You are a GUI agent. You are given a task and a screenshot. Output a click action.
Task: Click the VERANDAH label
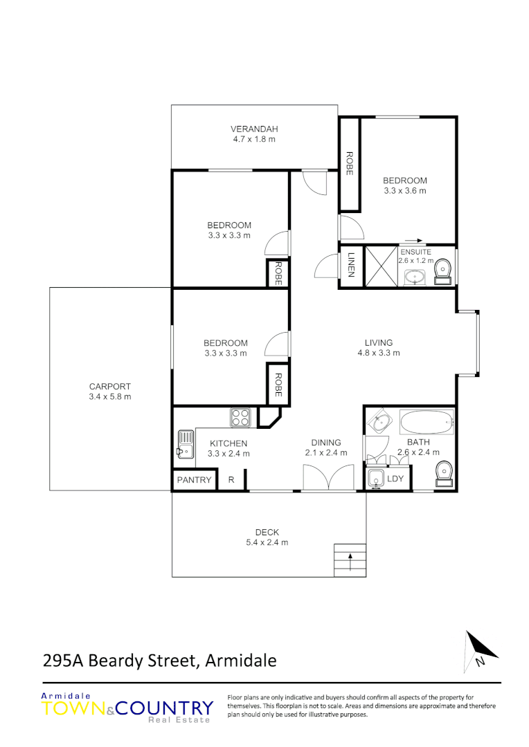(254, 129)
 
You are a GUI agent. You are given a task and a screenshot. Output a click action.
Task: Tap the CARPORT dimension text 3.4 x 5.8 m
(110, 397)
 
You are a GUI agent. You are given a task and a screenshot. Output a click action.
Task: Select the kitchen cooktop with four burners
(240, 417)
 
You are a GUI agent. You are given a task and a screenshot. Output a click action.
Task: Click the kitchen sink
(185, 443)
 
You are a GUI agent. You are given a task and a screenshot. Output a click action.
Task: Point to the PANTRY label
(194, 480)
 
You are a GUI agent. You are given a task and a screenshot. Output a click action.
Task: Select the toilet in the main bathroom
(443, 474)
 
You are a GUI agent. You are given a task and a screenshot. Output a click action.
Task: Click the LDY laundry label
(395, 479)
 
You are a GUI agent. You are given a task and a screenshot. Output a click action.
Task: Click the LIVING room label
(379, 342)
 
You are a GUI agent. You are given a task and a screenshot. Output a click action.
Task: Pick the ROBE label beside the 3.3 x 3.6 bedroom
(350, 163)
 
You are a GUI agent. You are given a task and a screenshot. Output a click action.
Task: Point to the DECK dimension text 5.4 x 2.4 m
(267, 542)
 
